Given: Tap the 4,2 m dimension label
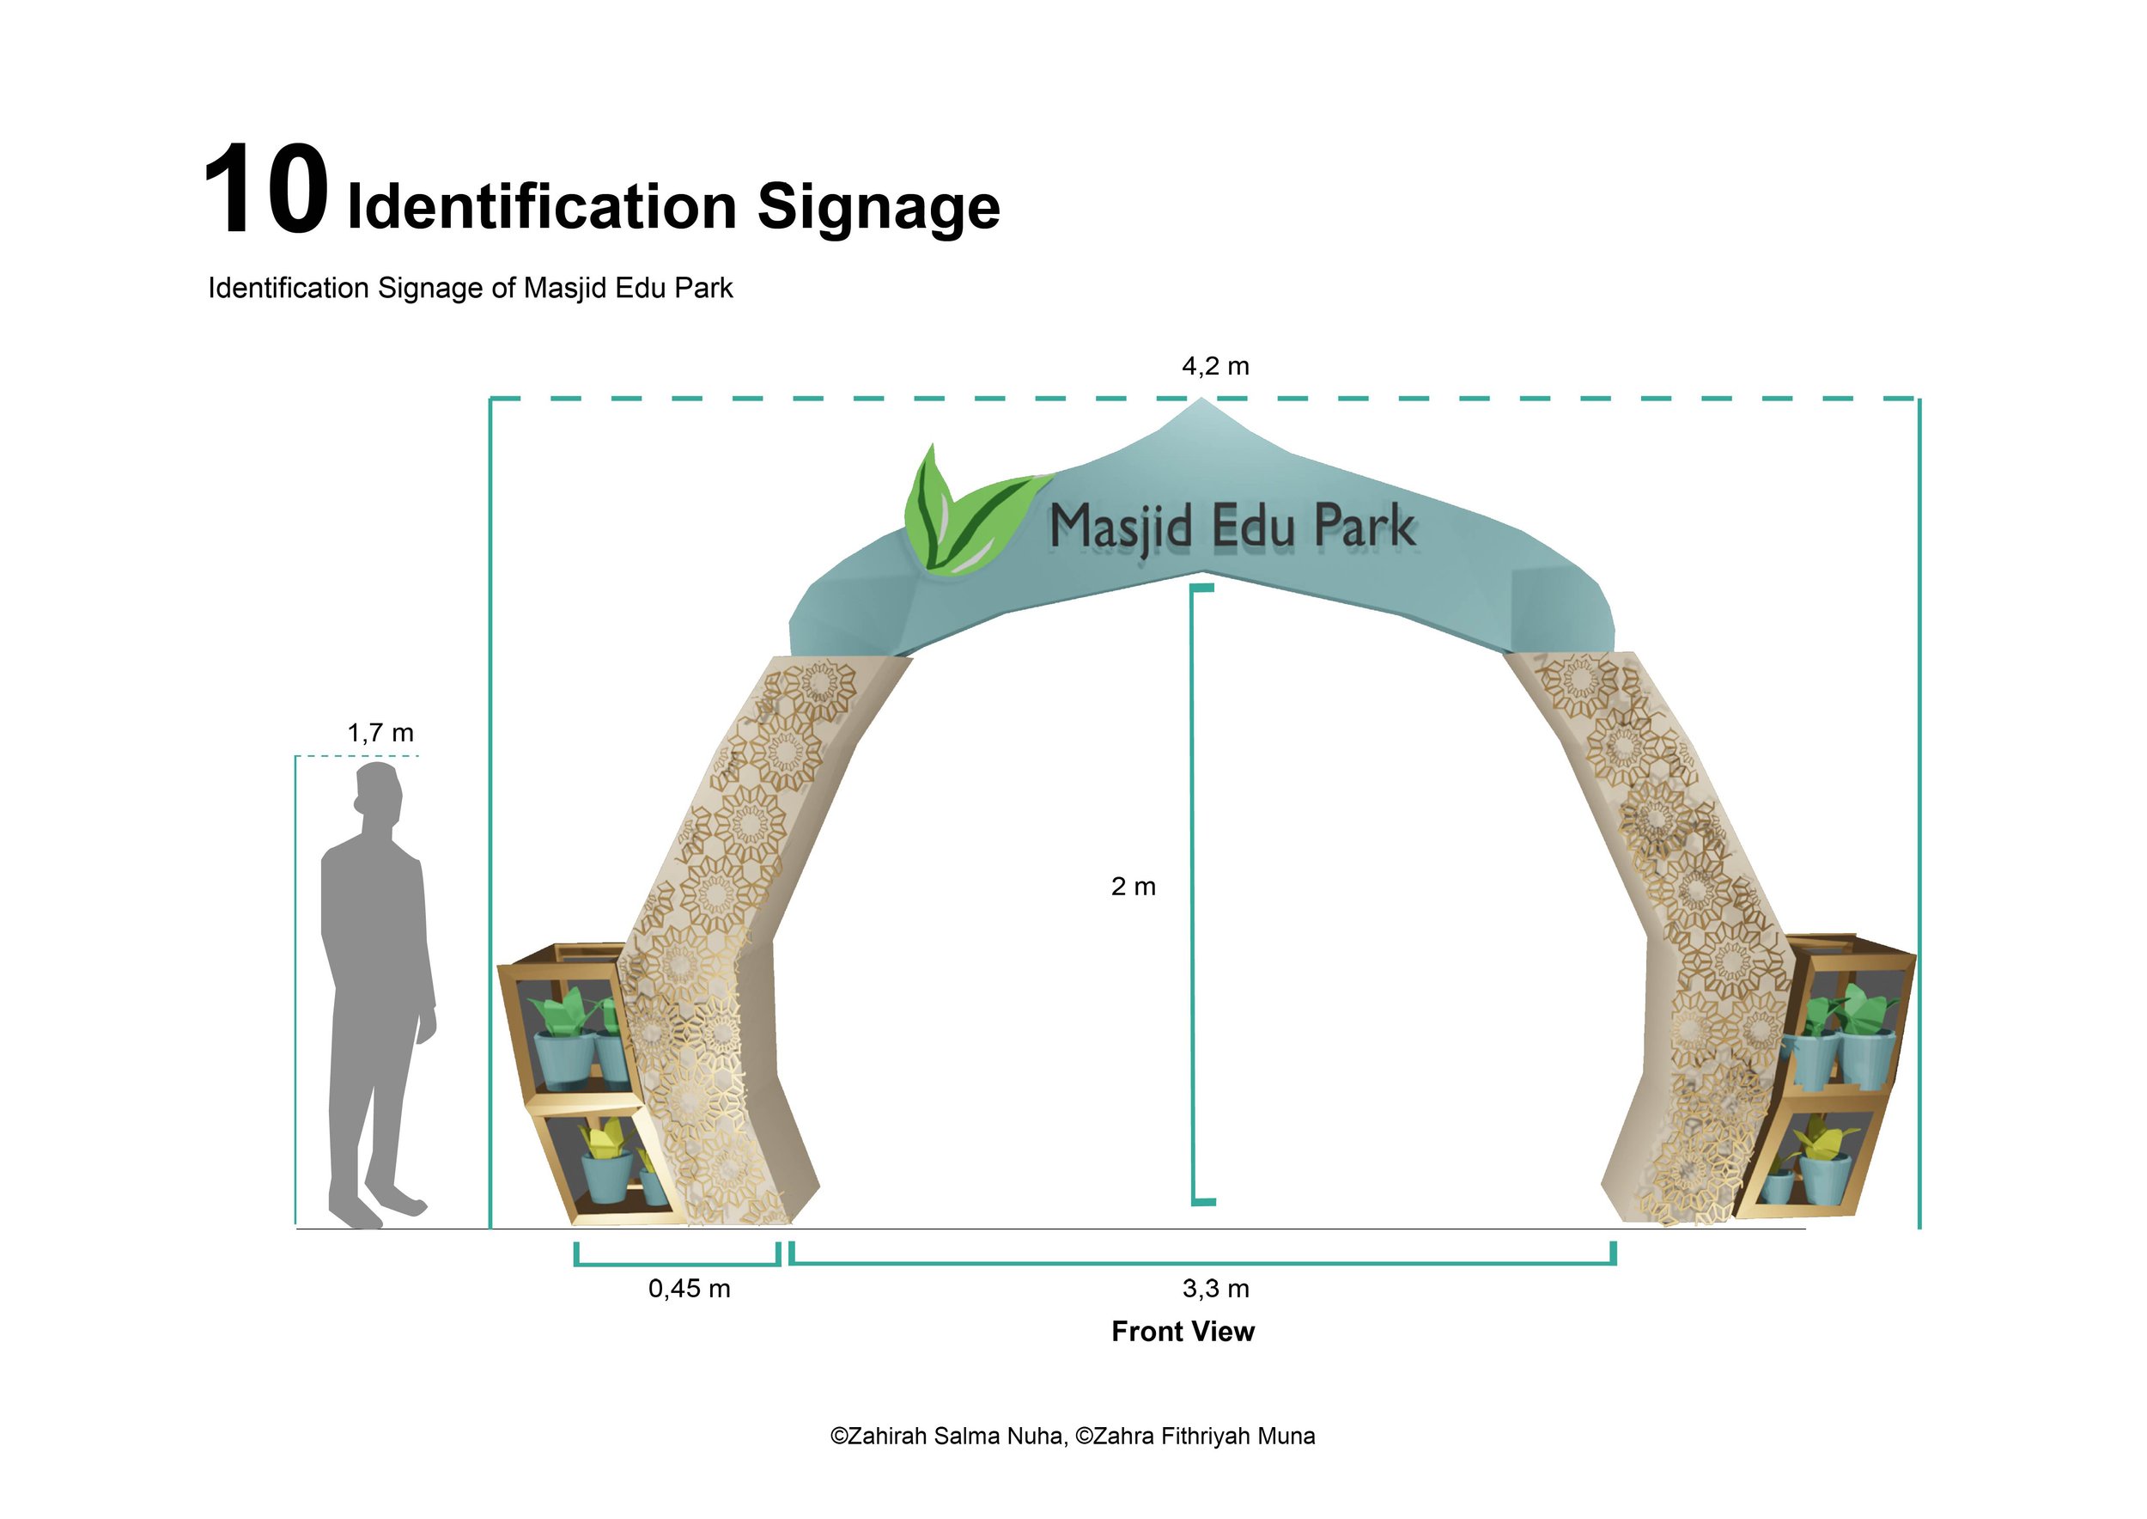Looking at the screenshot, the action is coord(1214,366).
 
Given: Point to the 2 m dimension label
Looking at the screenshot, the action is coord(1133,886).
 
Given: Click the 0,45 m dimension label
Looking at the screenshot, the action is coord(688,1288).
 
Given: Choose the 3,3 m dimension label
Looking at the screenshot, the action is coord(1214,1288).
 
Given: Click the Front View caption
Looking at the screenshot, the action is coord(1182,1331).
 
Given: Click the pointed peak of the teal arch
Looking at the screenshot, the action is coord(1201,404).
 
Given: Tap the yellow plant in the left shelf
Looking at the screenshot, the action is coord(603,1138).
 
